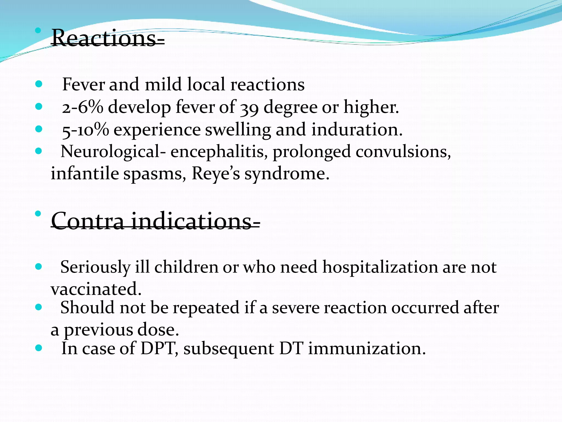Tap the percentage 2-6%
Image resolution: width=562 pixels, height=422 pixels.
82,107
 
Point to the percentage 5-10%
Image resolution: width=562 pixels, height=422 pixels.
85,130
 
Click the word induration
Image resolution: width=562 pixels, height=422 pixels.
357,129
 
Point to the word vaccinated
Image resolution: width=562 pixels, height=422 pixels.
96,289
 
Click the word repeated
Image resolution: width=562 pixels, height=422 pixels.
206,308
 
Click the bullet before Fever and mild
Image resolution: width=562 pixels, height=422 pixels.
39,84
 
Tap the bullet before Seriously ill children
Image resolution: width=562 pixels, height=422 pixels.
39,266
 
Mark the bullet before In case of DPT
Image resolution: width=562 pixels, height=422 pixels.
39,348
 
